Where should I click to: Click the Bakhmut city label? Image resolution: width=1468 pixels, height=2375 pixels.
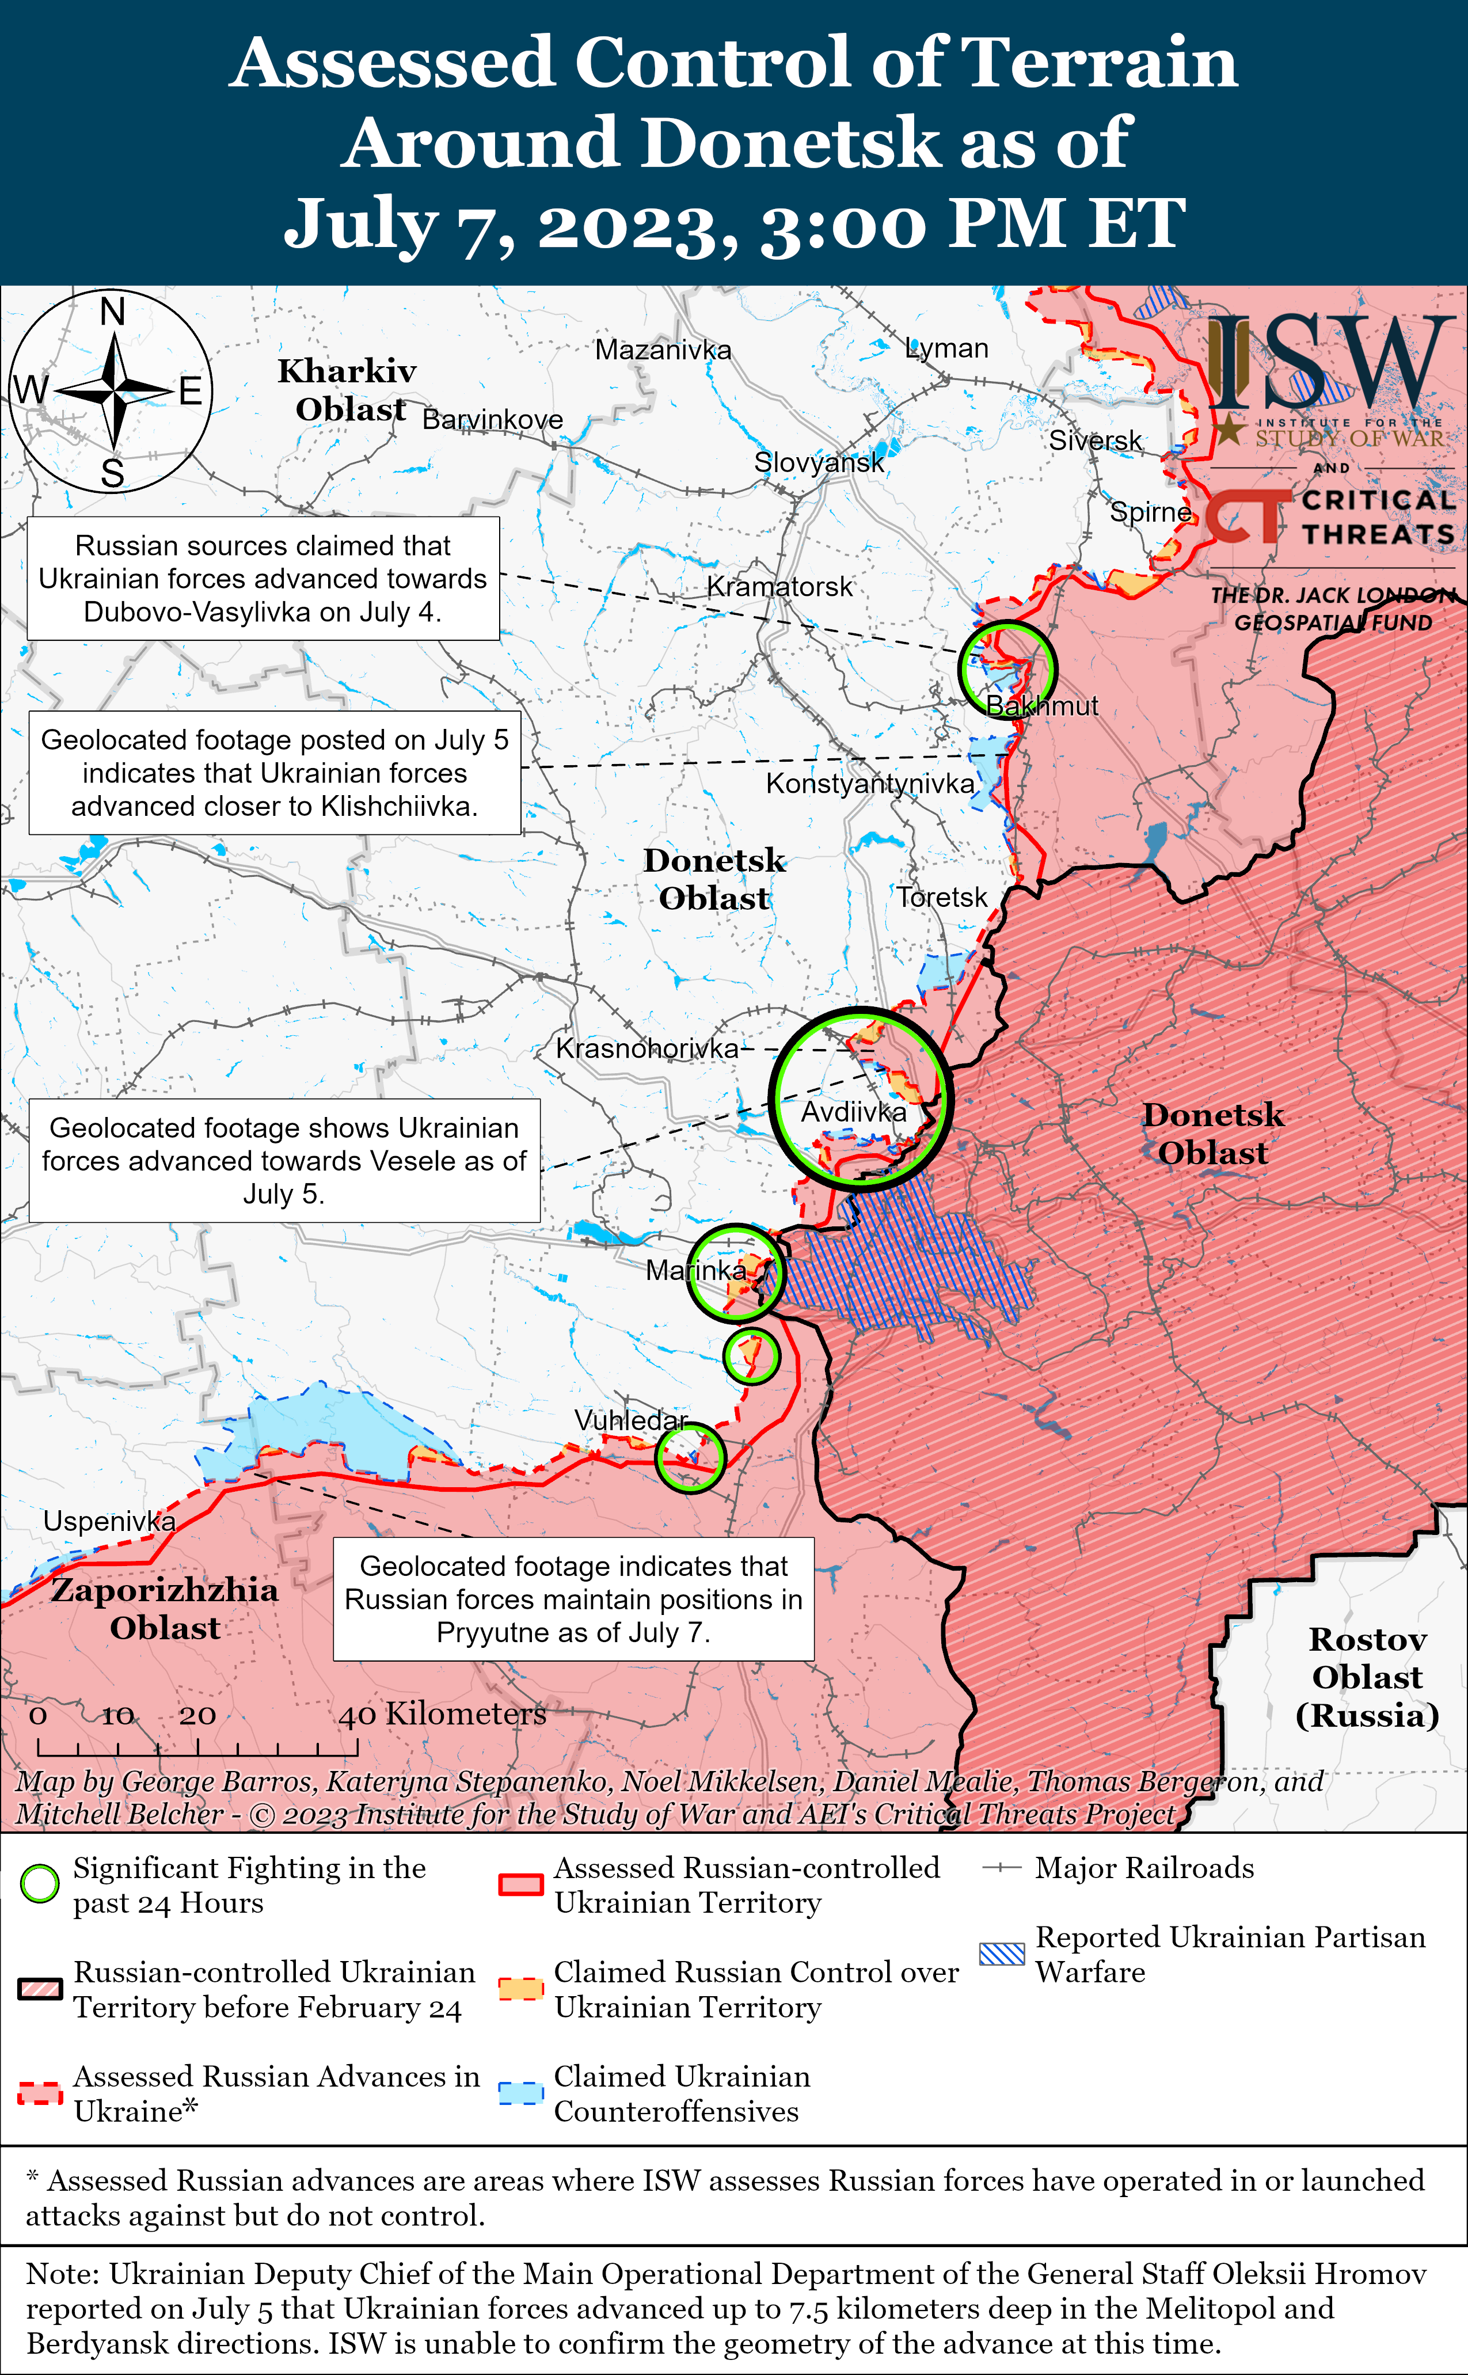[x=1042, y=706]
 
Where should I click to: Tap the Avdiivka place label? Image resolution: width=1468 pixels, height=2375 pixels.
[x=853, y=1112]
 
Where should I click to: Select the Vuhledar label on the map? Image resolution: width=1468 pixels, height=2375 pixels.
[x=631, y=1420]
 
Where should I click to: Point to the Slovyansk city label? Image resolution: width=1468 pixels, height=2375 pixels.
[x=819, y=462]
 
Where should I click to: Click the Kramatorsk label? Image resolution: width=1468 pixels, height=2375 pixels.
[x=779, y=587]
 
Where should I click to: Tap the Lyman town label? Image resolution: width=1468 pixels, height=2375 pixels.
[x=946, y=348]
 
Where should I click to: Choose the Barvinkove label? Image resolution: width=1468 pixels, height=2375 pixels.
[x=492, y=420]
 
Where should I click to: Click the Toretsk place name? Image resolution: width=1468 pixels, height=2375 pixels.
[x=941, y=897]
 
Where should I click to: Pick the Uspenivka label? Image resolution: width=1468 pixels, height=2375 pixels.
[x=109, y=1521]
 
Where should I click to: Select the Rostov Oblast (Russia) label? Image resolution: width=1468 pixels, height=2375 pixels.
[x=1367, y=1677]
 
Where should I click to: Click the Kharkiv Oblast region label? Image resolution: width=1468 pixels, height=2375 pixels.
[x=348, y=389]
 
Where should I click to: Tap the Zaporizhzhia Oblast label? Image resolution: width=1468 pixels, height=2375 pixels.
[x=165, y=1608]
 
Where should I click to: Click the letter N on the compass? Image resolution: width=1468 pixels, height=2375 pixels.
[x=113, y=313]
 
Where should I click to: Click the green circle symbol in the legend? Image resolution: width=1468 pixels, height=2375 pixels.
[x=40, y=1884]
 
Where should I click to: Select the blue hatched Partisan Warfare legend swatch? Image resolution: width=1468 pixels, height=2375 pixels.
[x=1001, y=1954]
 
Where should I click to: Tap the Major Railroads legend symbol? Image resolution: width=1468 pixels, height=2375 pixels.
[x=1001, y=1868]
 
